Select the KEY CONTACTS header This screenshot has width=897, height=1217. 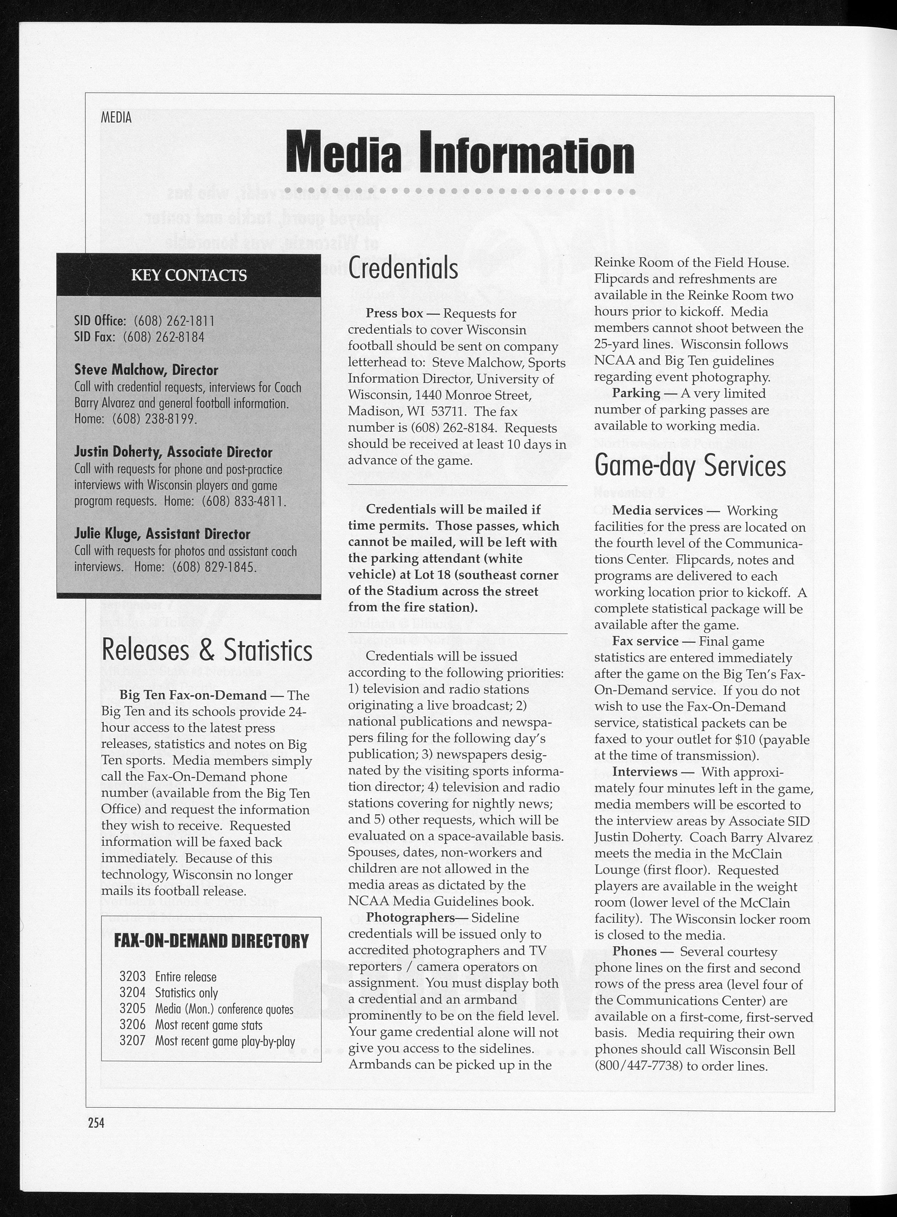(189, 275)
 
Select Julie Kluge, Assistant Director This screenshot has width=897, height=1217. (162, 534)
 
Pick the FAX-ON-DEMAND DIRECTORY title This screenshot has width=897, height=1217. (211, 941)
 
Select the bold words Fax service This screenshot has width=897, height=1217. (645, 641)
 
